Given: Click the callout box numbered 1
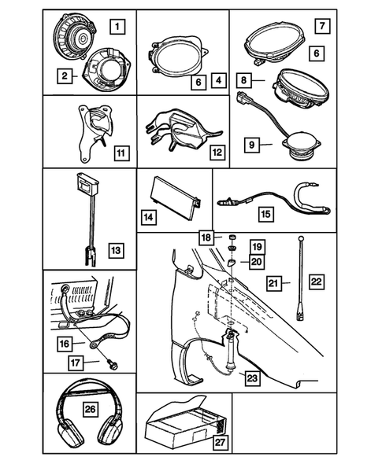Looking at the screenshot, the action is pos(117,27).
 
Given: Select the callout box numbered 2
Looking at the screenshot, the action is pos(65,75).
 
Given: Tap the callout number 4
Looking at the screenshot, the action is pos(219,80).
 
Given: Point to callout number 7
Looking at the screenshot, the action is pos(322,26).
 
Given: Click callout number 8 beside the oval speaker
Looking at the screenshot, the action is pos(243,80).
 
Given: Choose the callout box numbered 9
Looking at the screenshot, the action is pos(252,145).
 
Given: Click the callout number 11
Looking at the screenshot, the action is pos(121,153).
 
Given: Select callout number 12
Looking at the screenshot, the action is pos(217,153).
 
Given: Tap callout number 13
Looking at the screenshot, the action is pos(116,250).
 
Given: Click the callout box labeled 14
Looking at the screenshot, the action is pos(149,217).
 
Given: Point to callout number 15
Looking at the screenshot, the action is pos(266,214).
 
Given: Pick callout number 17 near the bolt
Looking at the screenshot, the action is pos(76,363).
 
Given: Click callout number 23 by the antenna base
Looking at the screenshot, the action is pos(253,378).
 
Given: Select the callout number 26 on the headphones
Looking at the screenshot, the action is pos(90,409).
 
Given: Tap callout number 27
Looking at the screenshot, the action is pos(221,443).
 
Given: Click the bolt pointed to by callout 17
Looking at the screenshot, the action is pos(113,365).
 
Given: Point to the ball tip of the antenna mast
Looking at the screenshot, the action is pos(302,238).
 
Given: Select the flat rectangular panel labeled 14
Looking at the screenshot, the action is pos(176,198).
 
